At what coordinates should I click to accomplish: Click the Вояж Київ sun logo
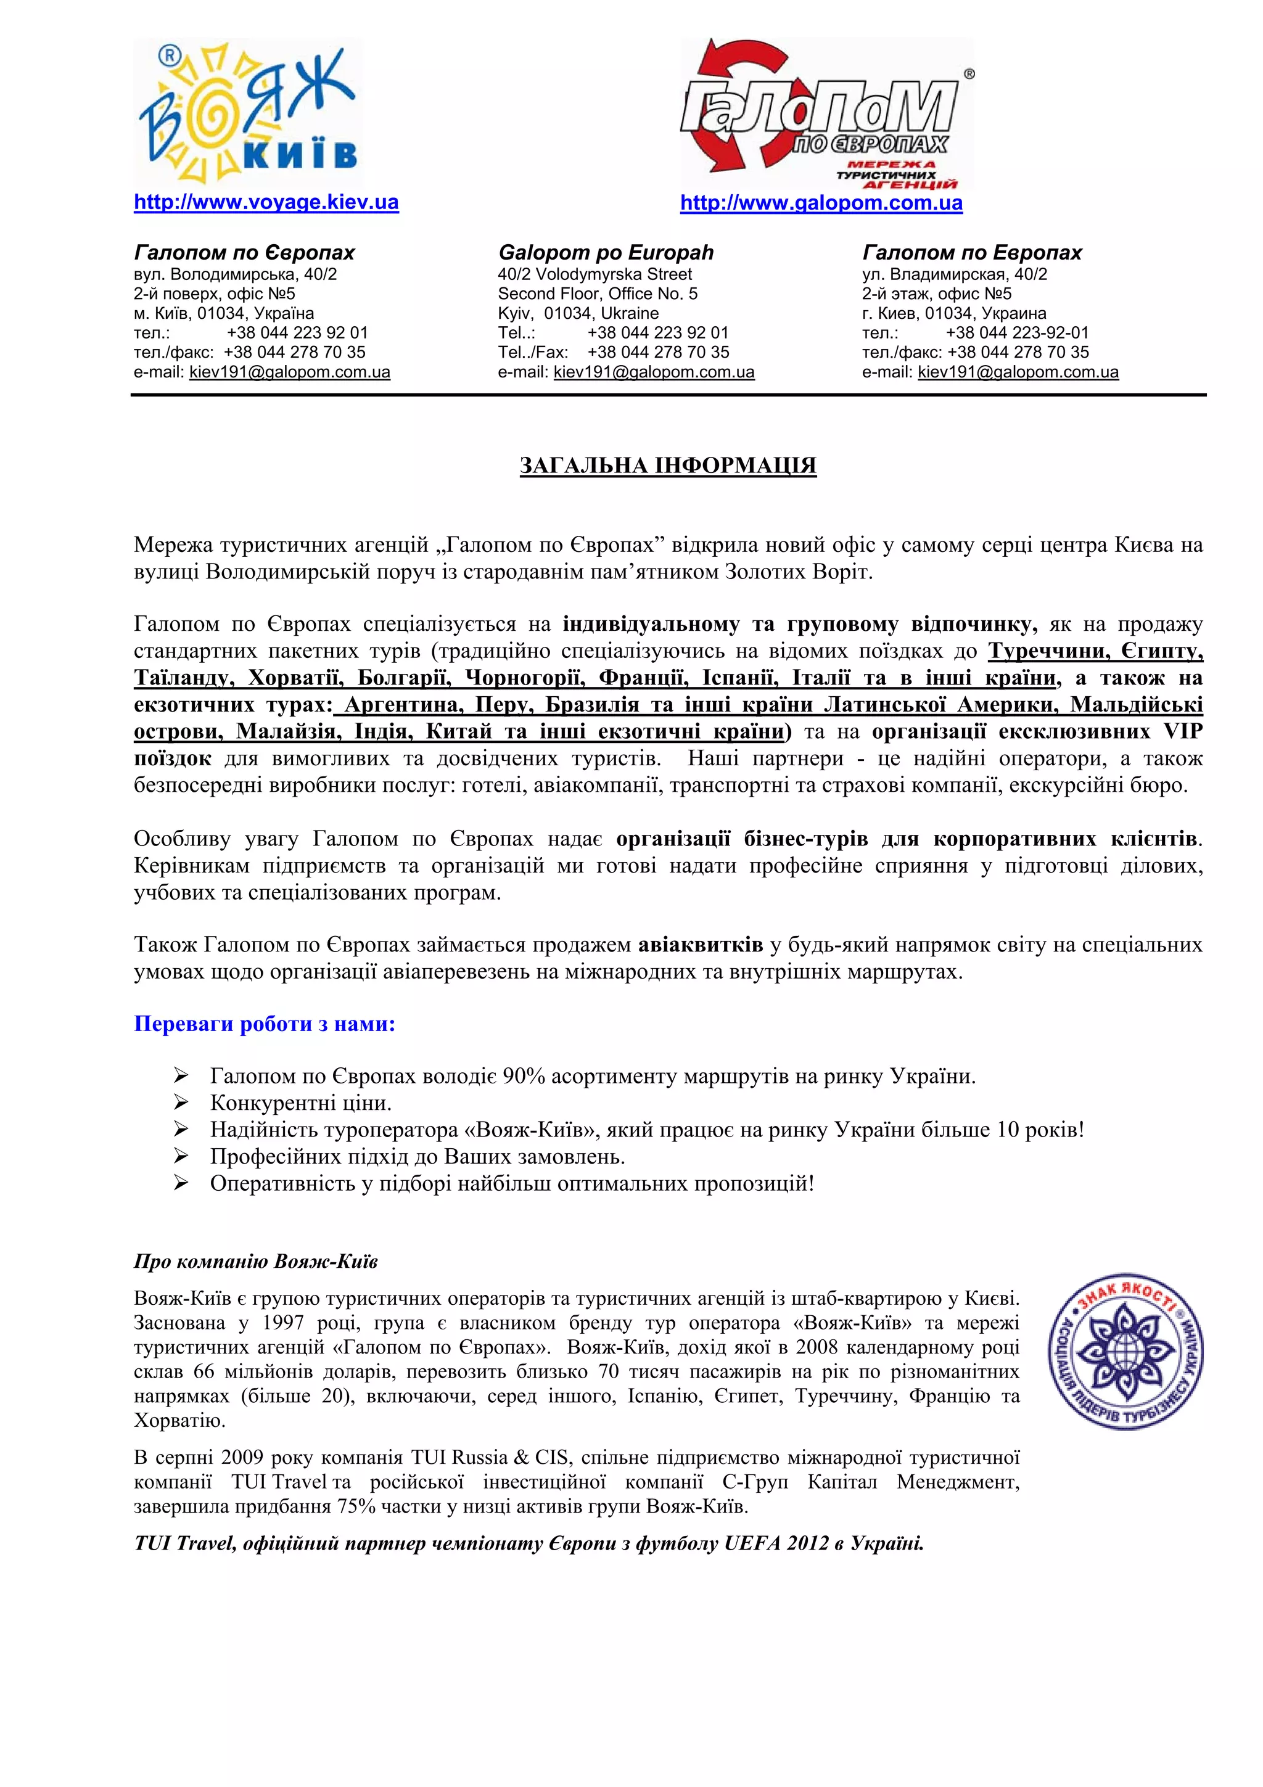tap(247, 110)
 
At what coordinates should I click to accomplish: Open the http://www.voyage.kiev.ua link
tap(266, 202)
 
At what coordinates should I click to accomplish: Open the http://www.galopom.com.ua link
tap(821, 203)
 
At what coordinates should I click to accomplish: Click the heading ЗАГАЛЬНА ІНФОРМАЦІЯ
tap(668, 466)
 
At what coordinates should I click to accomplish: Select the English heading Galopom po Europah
tap(606, 252)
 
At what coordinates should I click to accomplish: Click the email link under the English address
tap(654, 372)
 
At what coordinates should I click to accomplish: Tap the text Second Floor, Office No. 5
tap(597, 294)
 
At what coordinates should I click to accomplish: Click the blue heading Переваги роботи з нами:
tap(265, 1024)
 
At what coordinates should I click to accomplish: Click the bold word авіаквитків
tap(701, 945)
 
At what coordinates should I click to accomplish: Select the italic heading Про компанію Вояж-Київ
tap(255, 1261)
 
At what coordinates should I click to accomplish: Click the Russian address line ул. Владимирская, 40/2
tap(954, 274)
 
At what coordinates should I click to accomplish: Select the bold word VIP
tap(1182, 731)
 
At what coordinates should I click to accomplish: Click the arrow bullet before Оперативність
tap(181, 1183)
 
